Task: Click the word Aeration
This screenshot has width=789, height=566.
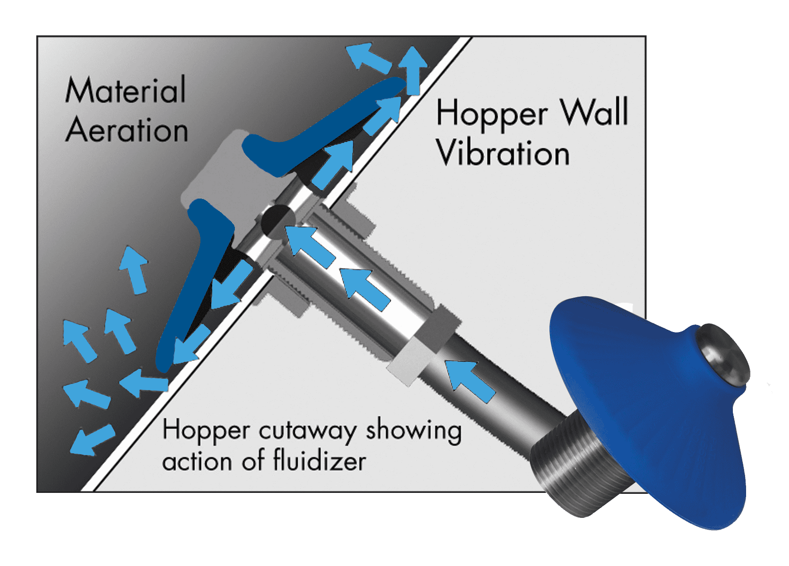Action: coord(127,130)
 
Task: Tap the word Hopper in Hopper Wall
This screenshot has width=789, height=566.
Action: coord(492,115)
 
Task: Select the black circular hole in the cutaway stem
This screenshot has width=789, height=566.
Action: coord(278,220)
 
